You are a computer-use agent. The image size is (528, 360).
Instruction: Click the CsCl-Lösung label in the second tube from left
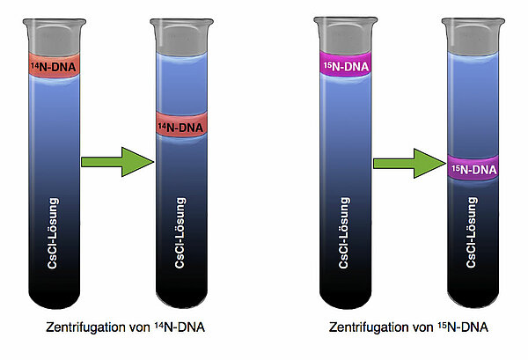click(x=181, y=233)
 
